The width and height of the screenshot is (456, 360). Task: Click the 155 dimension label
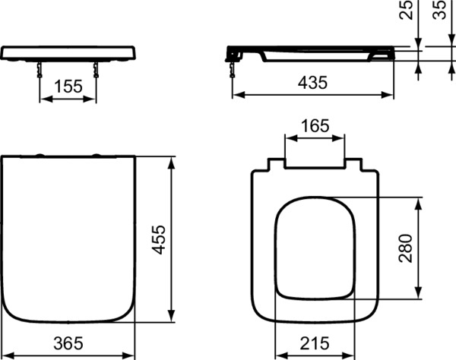(68, 87)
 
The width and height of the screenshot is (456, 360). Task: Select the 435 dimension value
(312, 83)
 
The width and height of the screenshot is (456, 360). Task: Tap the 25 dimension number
(407, 10)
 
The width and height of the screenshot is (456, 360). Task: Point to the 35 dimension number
(439, 10)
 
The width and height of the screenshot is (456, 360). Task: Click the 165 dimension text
(315, 126)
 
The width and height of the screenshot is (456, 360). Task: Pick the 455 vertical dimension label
(159, 240)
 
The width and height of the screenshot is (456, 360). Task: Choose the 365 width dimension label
(68, 343)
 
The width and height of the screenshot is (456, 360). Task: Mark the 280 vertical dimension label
(406, 248)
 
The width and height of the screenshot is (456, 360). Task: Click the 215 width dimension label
(315, 343)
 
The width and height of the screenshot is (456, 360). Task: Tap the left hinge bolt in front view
(40, 70)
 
